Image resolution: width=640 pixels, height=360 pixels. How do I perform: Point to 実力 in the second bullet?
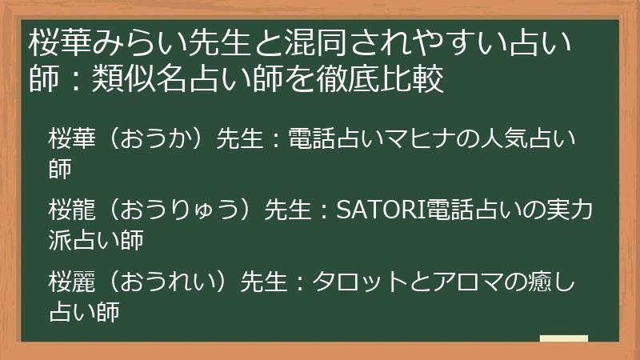coord(572,210)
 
